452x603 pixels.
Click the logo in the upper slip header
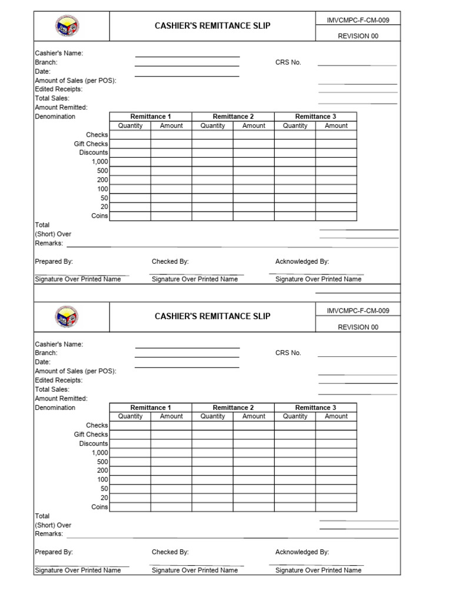68,26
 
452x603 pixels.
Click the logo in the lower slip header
68,317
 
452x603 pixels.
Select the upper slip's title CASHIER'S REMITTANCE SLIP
212,26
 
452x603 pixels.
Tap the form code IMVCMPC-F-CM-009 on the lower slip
358,310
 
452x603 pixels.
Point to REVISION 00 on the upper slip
358,36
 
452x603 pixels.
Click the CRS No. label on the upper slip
288,62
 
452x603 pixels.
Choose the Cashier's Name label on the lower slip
59,344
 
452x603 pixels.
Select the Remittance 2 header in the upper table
233,117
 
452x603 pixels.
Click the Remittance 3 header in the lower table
315,407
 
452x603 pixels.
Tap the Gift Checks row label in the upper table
91,144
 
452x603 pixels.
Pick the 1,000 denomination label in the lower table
99,453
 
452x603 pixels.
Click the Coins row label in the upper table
99,216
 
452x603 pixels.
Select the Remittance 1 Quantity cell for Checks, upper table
130,135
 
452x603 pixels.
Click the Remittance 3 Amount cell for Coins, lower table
336,507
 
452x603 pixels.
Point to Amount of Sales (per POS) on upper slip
75,81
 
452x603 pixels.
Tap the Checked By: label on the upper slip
170,261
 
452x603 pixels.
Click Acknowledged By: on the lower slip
302,552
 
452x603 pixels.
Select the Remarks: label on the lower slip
49,534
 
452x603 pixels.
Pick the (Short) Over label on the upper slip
53,234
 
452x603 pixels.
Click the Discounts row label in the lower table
94,443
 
